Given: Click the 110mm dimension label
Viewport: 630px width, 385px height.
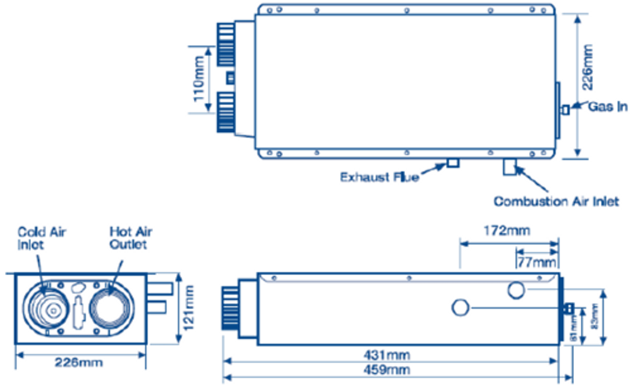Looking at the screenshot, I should [x=199, y=80].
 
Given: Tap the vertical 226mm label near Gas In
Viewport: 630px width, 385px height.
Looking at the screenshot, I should [x=587, y=67].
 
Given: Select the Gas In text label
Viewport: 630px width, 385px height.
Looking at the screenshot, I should [x=608, y=107].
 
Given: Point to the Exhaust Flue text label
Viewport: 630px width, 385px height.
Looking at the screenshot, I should [x=379, y=177].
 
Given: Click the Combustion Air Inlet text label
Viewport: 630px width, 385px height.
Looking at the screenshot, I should [x=556, y=202].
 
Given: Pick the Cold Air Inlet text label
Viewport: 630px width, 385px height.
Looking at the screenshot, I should [x=41, y=238].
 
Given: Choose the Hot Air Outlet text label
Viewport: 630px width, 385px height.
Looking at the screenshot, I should [x=130, y=238].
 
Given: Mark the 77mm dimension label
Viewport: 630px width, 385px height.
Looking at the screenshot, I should [x=537, y=262].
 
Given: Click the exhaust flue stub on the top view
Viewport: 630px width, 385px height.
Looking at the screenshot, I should [x=453, y=162].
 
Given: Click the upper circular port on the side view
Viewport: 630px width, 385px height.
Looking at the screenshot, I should [x=516, y=291].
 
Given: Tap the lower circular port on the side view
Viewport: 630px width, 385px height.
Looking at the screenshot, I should [x=461, y=308].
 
